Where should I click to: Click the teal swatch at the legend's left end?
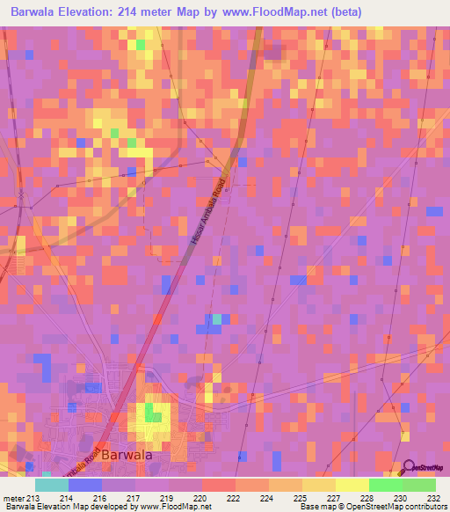[x=52, y=485]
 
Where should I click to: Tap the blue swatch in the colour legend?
[x=85, y=485]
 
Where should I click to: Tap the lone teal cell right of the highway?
[x=215, y=318]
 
